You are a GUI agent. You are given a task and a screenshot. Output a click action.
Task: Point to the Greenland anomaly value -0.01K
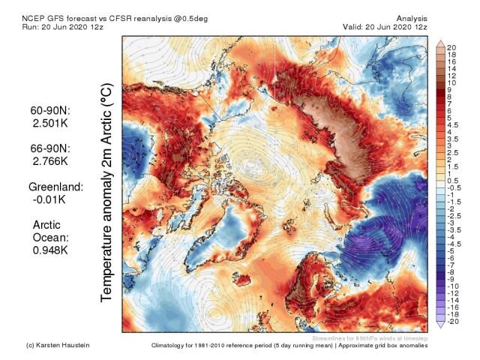tap(48, 199)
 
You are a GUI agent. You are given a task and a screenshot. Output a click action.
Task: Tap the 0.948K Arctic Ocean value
tap(50, 251)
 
